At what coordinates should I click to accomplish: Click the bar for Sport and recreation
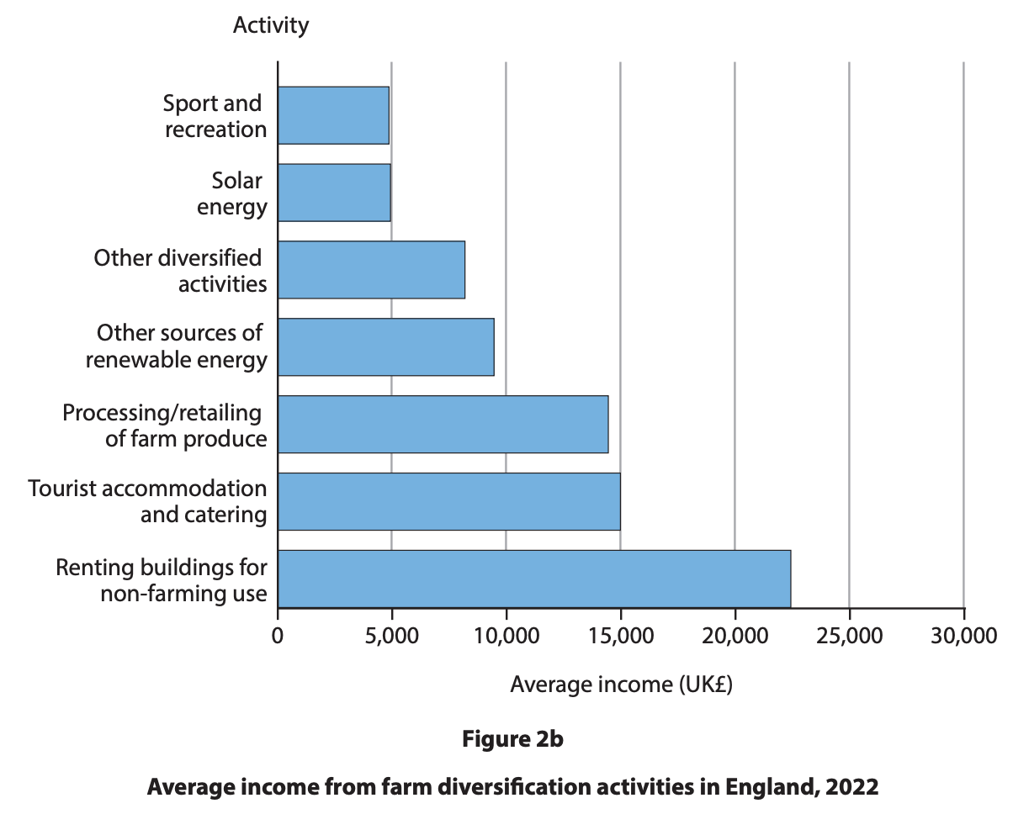point(333,115)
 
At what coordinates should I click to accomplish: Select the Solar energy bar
point(334,193)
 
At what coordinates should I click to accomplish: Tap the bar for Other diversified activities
point(371,270)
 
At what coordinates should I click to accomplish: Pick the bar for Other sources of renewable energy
point(385,346)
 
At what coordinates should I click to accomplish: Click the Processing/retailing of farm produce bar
point(443,424)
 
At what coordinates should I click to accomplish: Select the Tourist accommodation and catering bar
point(448,501)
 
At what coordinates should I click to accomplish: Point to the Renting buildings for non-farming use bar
point(533,579)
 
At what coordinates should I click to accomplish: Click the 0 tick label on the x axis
point(278,635)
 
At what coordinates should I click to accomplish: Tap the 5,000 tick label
point(391,635)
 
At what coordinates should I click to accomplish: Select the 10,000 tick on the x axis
point(506,635)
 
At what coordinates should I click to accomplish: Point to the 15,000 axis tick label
point(620,635)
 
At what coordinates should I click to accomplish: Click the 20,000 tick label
point(735,635)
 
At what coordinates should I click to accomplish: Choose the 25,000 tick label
point(849,635)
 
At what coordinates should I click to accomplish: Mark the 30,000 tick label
point(963,635)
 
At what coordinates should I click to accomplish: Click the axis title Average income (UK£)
point(621,684)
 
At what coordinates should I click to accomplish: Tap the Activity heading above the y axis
point(271,25)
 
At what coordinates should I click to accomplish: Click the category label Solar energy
point(233,193)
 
